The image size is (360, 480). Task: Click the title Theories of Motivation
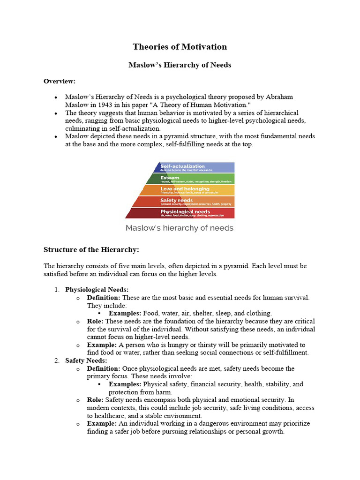point(180,46)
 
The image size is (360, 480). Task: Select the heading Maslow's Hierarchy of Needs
point(180,65)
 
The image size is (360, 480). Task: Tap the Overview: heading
point(60,81)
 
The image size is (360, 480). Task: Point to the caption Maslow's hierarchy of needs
point(179,228)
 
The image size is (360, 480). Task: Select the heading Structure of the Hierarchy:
point(91,249)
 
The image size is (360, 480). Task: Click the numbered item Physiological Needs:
point(97,290)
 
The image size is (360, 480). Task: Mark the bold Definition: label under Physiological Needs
point(104,298)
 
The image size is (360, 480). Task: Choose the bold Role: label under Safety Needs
point(95,400)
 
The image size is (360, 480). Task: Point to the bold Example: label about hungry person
point(102,345)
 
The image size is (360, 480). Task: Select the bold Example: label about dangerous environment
point(102,423)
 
